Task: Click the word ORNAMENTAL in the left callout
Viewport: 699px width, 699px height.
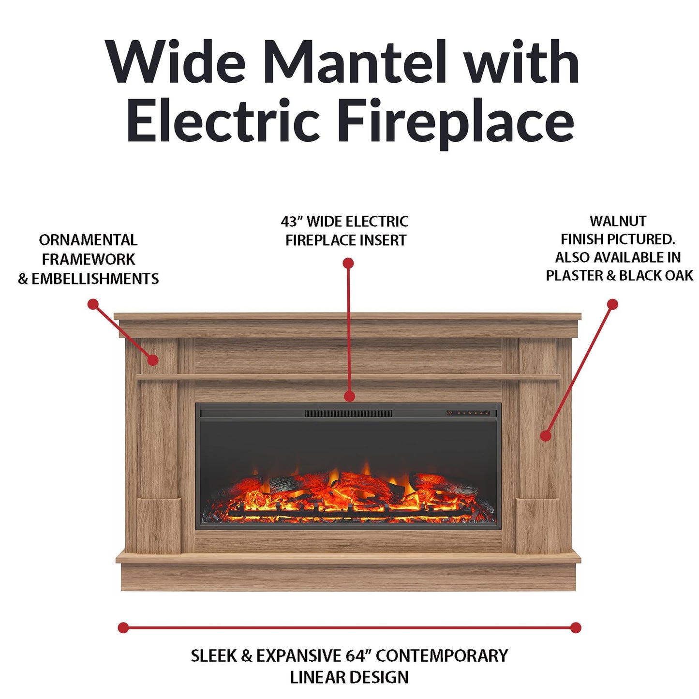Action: pos(88,240)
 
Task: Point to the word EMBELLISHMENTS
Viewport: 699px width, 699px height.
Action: pos(95,279)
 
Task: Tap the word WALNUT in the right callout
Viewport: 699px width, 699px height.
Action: pos(618,221)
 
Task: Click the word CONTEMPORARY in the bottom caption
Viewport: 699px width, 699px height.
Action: pos(442,655)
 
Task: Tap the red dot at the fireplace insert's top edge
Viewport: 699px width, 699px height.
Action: pos(349,396)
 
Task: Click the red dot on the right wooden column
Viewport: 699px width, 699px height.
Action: pos(546,435)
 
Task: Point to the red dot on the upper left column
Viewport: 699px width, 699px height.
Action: pos(153,360)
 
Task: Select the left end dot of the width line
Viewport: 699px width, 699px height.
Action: pos(123,628)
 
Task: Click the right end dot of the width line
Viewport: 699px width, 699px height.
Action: pos(576,628)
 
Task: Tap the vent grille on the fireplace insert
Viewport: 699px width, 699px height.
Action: pos(348,414)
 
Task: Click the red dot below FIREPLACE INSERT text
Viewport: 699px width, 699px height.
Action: pos(348,263)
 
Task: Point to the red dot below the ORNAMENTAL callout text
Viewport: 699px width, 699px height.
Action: pos(93,304)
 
